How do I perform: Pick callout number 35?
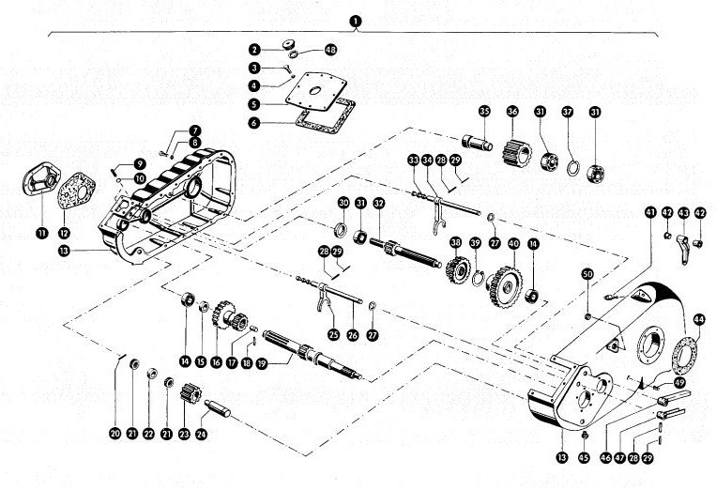pos(484,112)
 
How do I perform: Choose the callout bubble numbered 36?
pos(512,112)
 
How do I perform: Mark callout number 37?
pos(567,112)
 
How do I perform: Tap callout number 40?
pos(513,243)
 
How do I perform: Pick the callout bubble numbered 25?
pos(333,333)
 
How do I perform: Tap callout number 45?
pos(585,457)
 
